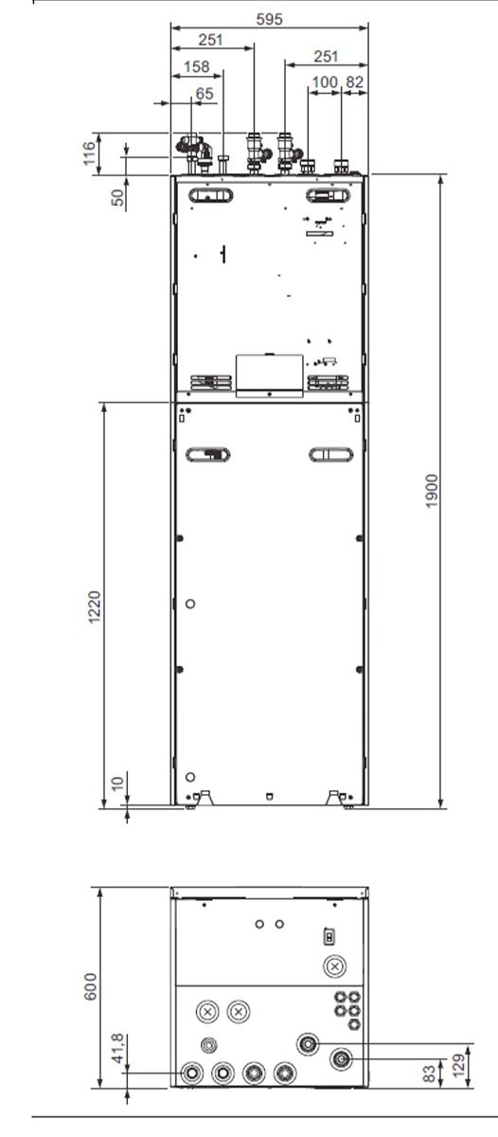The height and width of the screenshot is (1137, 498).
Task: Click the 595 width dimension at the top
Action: coord(269,19)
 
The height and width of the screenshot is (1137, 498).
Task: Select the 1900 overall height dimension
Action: coord(431,491)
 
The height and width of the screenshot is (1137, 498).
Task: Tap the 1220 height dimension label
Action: coord(95,607)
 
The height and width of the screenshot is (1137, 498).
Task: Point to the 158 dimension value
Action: coord(196,66)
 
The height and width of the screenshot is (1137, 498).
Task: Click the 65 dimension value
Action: coord(205,94)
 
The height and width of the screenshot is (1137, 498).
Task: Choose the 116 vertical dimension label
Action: coord(89,153)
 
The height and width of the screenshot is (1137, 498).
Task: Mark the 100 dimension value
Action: coord(325,82)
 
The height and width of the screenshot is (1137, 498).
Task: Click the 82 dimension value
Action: coord(355,82)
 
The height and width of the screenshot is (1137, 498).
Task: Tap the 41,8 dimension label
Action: coord(118,1048)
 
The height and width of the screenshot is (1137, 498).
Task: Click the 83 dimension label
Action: coord(429,1074)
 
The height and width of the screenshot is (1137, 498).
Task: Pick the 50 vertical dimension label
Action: coord(118,197)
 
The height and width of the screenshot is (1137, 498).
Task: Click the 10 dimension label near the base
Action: coord(117,784)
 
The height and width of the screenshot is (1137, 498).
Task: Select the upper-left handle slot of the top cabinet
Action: coord(211,195)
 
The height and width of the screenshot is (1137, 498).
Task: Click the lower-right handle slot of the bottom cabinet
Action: coord(331,454)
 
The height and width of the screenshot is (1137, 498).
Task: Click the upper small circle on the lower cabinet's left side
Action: coord(190,605)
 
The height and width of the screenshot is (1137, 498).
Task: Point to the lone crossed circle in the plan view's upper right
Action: coord(335,966)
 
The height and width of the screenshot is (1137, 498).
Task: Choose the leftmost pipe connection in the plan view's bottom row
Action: coord(191,1074)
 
